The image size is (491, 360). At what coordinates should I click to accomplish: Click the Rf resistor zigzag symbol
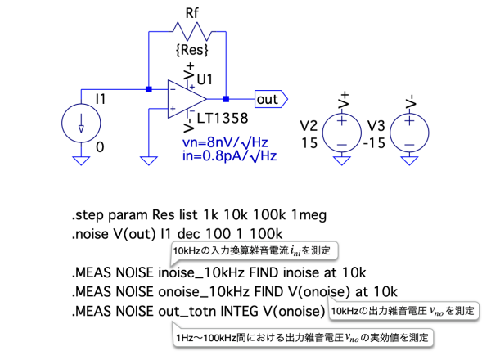click(188, 31)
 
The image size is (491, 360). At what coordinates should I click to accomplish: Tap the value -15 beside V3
click(376, 142)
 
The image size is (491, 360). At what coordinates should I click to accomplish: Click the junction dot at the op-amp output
click(226, 99)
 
